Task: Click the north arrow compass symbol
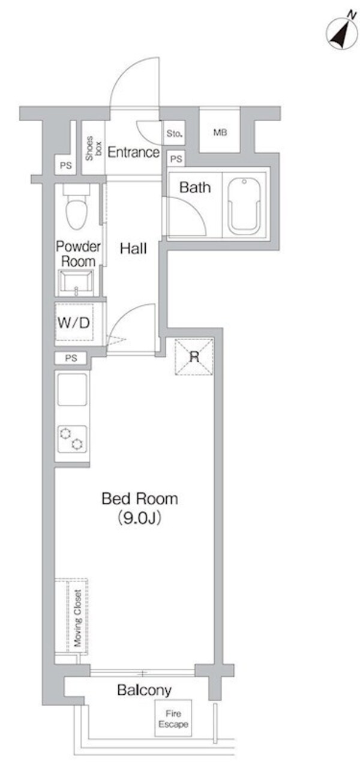[x=340, y=33]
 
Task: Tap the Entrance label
[x=133, y=152]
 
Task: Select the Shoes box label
[x=93, y=147]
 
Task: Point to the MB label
[x=220, y=132]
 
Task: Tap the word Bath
[x=196, y=187]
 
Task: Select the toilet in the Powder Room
[x=77, y=208]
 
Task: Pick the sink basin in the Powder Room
[x=76, y=282]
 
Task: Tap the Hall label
[x=133, y=247]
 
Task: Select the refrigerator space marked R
[x=194, y=356]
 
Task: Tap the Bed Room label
[x=140, y=498]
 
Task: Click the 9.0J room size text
[x=140, y=518]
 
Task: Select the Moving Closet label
[x=77, y=618]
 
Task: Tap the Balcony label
[x=144, y=690]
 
